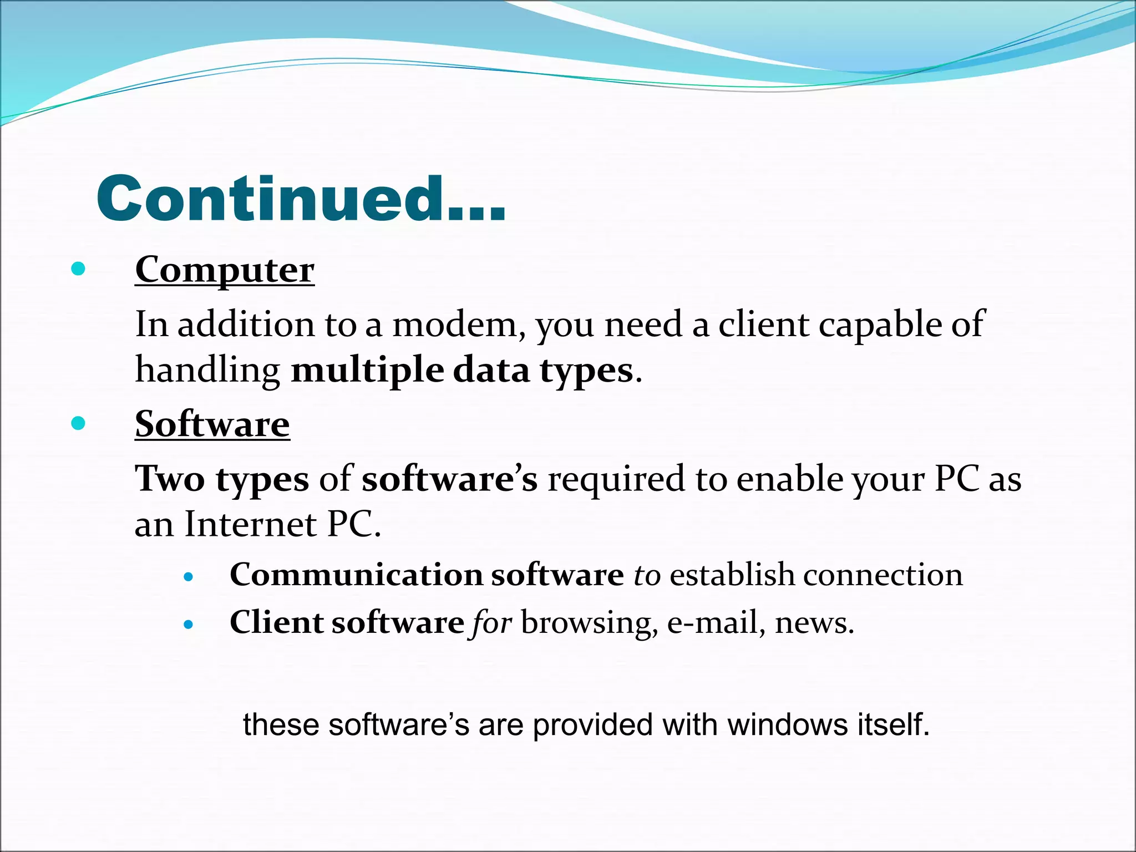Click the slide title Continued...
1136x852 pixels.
301,199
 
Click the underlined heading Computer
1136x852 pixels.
225,270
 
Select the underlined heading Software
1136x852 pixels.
212,424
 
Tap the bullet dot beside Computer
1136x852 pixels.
79,270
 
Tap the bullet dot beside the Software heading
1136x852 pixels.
79,424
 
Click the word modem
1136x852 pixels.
459,324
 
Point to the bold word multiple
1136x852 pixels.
367,371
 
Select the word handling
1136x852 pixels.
207,371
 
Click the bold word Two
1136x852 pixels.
170,479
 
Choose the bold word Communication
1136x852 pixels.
356,575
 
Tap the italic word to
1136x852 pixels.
647,575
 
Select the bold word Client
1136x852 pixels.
276,622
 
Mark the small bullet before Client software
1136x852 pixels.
189,625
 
